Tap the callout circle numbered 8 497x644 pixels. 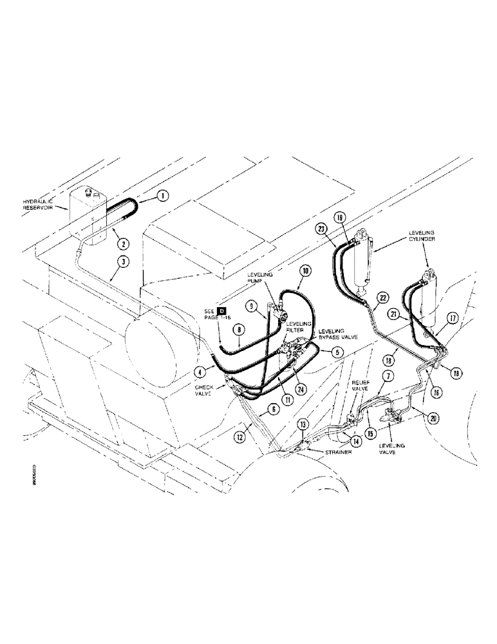[239, 330]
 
